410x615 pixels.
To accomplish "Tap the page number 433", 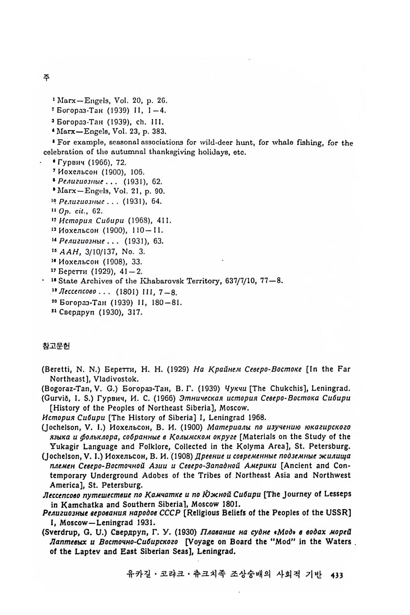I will [x=337, y=575].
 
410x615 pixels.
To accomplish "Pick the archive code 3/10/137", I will [x=93, y=252].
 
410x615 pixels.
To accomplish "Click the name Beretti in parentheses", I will [x=58, y=369].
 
